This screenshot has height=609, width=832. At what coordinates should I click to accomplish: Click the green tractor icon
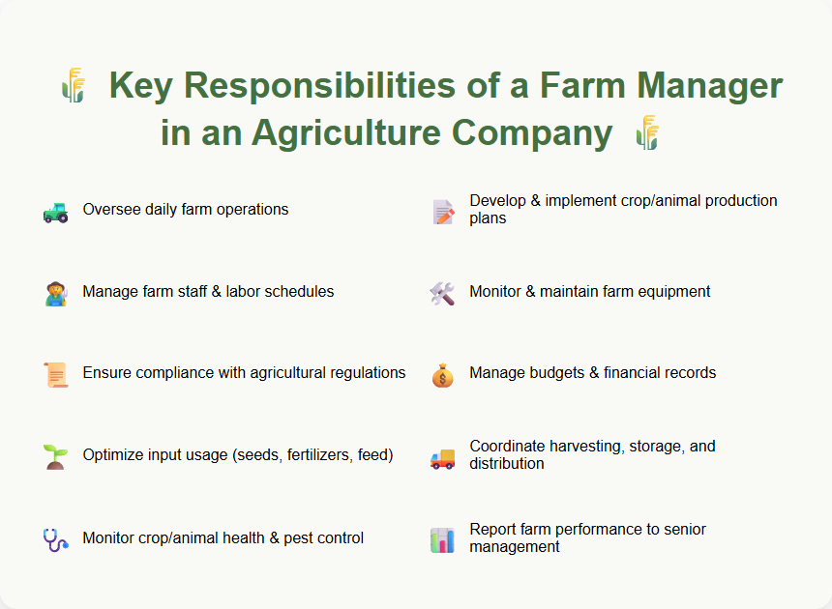point(55,211)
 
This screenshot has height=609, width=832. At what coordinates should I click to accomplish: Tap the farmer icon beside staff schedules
point(55,293)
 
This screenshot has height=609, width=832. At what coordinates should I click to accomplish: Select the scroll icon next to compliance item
point(55,374)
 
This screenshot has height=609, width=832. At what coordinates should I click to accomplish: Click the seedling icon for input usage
point(55,456)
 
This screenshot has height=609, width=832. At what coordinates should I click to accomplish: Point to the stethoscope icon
point(55,538)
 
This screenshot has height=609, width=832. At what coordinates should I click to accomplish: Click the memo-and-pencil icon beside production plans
point(442,211)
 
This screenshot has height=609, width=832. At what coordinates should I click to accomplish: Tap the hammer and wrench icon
point(442,293)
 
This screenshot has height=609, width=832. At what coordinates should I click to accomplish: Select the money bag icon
point(442,374)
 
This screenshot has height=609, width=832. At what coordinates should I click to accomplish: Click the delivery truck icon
point(442,456)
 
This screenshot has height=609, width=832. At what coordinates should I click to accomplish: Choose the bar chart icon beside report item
point(442,538)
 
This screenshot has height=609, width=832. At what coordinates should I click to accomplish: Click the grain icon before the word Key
point(73,86)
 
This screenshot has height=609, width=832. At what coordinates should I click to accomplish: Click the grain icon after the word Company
point(647,132)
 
